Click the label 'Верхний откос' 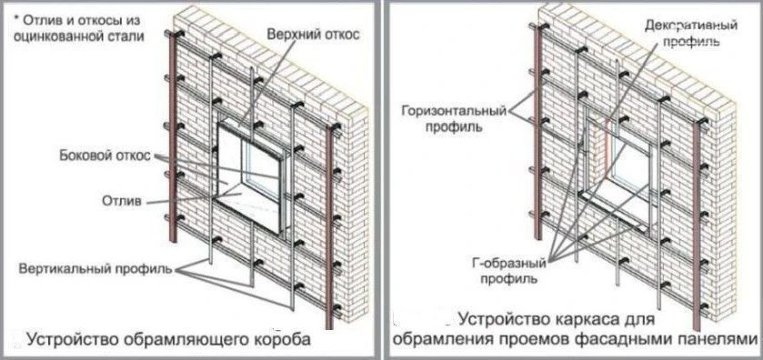point(313,35)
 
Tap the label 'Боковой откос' point(105,155)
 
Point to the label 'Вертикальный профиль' point(95,269)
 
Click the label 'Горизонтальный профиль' point(454,119)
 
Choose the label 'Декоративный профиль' point(691,33)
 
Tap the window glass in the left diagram point(264,169)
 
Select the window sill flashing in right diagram point(614,209)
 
